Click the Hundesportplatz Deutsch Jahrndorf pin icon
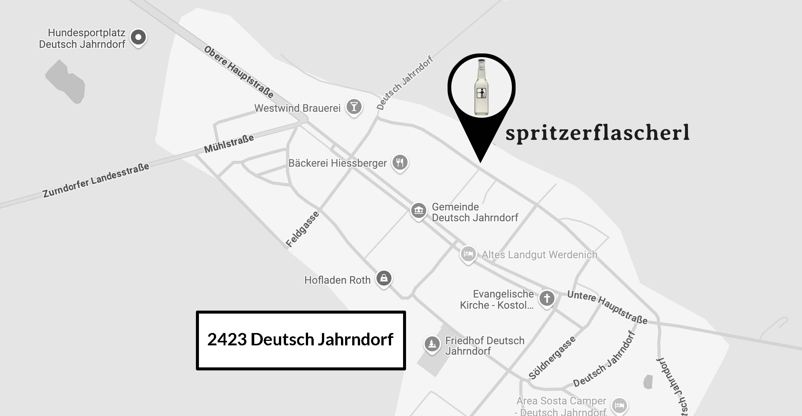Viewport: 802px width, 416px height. [x=138, y=37]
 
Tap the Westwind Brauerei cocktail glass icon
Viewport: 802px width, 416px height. [x=354, y=107]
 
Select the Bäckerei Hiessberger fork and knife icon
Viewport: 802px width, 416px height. [x=400, y=163]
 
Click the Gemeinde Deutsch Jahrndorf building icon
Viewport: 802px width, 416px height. [x=418, y=210]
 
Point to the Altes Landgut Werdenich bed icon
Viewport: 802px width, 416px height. [x=468, y=254]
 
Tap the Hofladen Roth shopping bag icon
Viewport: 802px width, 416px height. [x=384, y=278]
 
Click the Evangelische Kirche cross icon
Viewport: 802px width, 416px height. [x=547, y=298]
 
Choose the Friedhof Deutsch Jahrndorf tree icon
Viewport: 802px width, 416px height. [x=432, y=343]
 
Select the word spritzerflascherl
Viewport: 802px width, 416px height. [x=597, y=133]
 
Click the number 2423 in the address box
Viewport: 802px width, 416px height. [x=227, y=339]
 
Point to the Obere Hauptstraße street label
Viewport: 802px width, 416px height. [x=239, y=72]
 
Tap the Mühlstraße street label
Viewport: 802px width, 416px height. [x=229, y=144]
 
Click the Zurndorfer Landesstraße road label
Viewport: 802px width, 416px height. [x=96, y=180]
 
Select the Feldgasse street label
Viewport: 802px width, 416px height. [x=302, y=229]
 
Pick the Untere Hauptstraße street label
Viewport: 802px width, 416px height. [x=607, y=307]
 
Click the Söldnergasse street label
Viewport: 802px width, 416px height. [x=552, y=358]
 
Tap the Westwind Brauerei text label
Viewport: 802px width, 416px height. [x=297, y=108]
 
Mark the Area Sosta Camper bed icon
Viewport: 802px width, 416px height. [x=619, y=406]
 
